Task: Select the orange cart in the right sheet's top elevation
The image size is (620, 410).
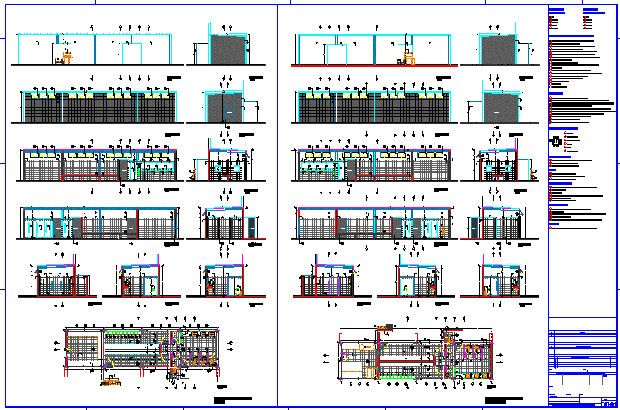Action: click(407, 54)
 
